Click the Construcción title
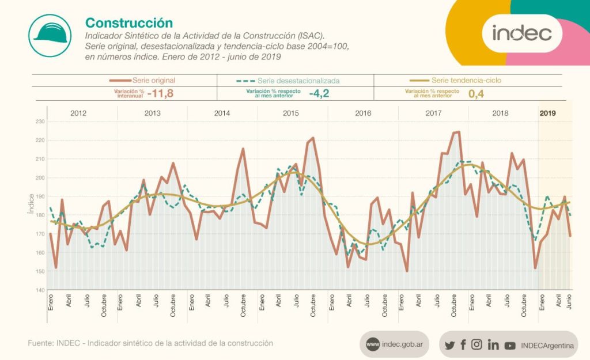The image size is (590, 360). tap(129, 23)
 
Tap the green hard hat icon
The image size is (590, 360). tap(50, 35)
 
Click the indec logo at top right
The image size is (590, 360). tap(521, 33)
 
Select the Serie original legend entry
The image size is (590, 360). tap(142, 81)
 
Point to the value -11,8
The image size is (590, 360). tap(161, 93)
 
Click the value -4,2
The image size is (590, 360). tap(319, 93)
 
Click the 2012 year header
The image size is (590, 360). tap(78, 113)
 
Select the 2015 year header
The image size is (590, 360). tap(290, 113)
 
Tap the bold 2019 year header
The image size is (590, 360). tap(547, 113)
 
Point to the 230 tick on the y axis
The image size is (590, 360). tap(39, 122)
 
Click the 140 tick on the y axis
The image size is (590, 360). tap(39, 290)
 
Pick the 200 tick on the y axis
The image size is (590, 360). tap(39, 177)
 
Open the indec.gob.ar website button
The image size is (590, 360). tap(394, 344)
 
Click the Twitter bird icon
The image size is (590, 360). tap(449, 345)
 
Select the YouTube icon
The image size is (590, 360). tap(510, 345)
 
